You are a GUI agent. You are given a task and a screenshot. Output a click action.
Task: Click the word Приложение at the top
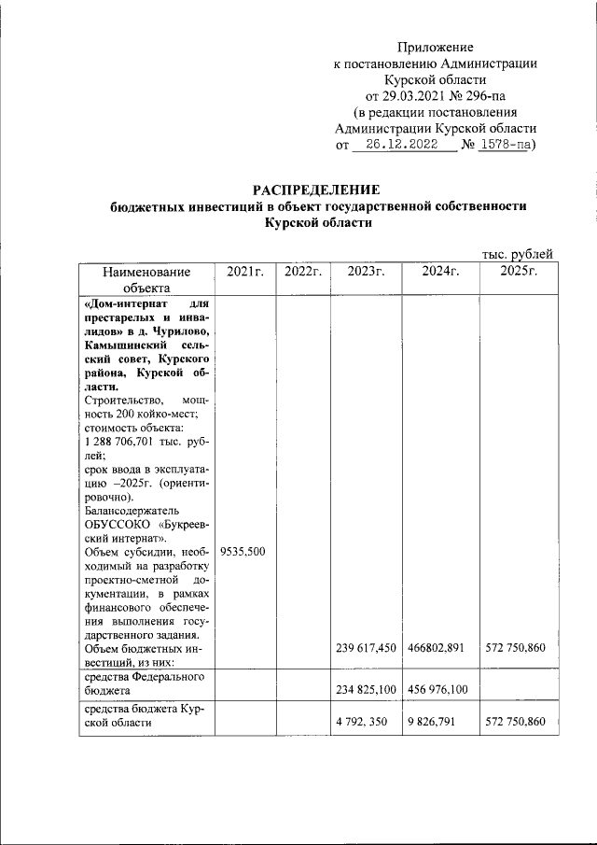pyautogui.click(x=435, y=47)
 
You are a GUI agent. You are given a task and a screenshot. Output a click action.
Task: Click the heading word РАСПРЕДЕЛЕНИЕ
pyautogui.click(x=318, y=190)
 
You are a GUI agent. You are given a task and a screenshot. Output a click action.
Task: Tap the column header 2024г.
pyautogui.click(x=440, y=272)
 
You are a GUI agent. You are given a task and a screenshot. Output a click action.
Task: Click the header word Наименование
pyautogui.click(x=146, y=272)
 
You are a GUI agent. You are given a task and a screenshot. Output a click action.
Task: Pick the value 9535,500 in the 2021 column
pyautogui.click(x=243, y=552)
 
